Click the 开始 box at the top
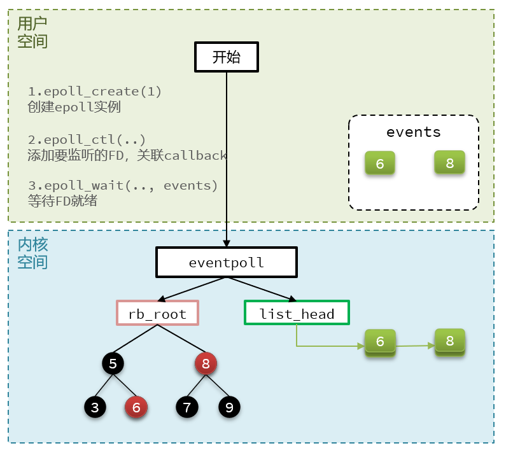click(x=226, y=57)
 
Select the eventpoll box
click(x=226, y=262)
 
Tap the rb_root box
click(x=157, y=313)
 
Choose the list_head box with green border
click(x=297, y=313)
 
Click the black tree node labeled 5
click(x=113, y=364)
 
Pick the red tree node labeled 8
click(x=206, y=364)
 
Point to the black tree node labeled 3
click(x=95, y=407)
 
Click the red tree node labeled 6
click(x=136, y=407)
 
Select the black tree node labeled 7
click(x=186, y=407)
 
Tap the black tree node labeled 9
click(x=229, y=407)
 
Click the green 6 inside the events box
click(x=380, y=164)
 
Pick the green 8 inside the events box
click(x=449, y=162)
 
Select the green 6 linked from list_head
click(x=380, y=342)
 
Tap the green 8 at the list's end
click(x=449, y=340)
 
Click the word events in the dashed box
click(x=413, y=132)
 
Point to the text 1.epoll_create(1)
click(x=95, y=91)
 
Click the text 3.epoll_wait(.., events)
click(x=123, y=185)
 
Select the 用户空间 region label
click(x=32, y=32)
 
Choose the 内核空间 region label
click(x=32, y=253)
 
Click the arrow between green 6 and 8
click(x=415, y=346)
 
